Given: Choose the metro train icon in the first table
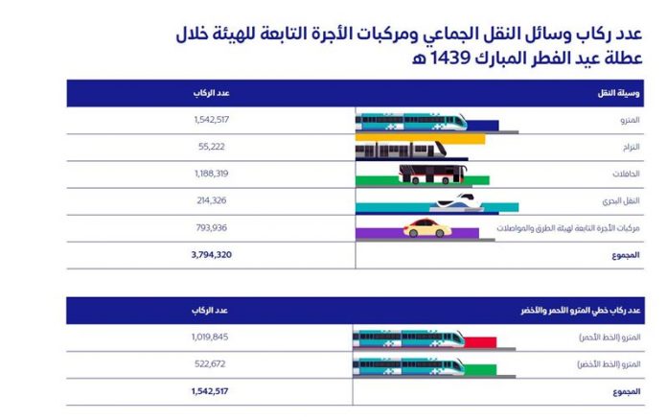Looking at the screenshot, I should coord(412,121).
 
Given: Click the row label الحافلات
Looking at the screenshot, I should coord(627,174).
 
